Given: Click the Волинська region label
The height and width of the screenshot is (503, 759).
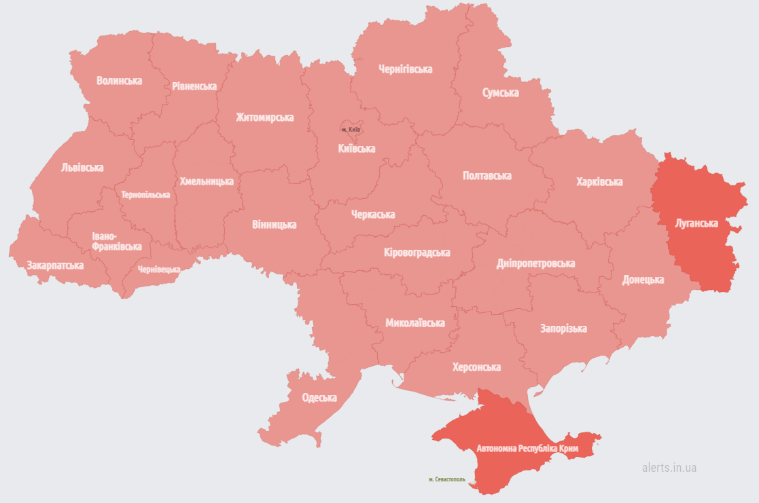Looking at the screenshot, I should pos(119,81).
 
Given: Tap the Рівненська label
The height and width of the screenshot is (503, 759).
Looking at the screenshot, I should pos(194,86).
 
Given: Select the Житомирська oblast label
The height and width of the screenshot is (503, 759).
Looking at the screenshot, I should pos(265,117).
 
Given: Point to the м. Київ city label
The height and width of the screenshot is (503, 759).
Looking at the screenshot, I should pos(351,129).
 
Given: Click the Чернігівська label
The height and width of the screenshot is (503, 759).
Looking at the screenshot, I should pos(405,69).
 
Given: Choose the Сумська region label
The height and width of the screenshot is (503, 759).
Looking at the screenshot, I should pos(500,92).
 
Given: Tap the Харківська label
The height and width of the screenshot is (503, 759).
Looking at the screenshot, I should pos(599,182).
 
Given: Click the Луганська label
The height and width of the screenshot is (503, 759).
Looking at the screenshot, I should pos(696,223).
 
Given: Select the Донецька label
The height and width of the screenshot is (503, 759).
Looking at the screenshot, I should pos(643,280).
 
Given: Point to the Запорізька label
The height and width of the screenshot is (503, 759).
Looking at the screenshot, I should pos(563,329).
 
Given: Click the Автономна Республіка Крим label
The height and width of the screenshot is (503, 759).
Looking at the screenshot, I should pos(527,449).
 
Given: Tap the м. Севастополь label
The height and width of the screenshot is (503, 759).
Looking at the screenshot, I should pos(447,479).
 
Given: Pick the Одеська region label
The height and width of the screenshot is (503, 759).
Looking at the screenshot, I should pos(319,398).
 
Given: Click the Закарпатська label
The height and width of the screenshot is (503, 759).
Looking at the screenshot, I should pos(55,265).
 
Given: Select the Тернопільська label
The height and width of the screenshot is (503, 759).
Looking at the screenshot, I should pos(145,195).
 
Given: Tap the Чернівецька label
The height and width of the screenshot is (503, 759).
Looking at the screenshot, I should pos(159,269).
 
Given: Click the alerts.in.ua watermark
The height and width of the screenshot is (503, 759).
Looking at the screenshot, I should pos(669,468).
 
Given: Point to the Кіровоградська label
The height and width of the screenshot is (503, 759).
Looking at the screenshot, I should pos(417,253).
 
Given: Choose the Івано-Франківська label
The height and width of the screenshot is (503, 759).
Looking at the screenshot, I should pos(116,242).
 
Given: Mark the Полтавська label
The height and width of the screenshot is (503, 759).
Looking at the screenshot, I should pos(487,176).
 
